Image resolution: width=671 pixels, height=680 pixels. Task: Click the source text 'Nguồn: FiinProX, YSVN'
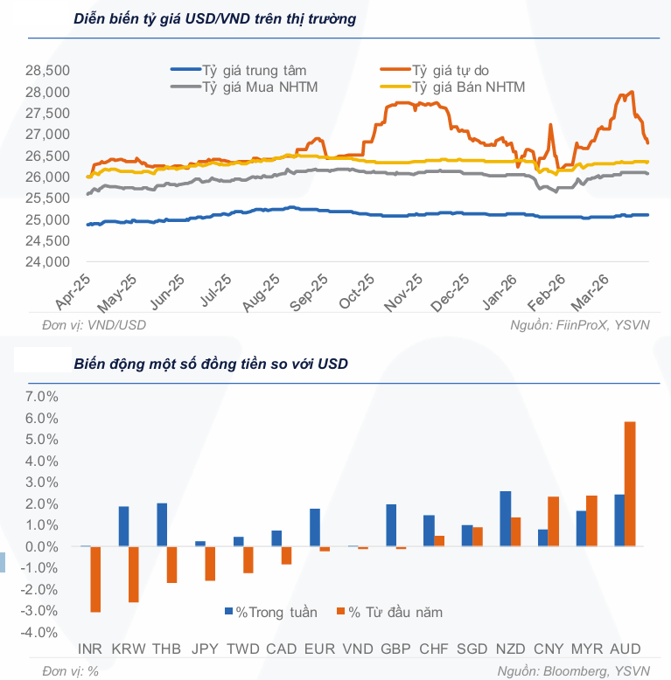click(580, 325)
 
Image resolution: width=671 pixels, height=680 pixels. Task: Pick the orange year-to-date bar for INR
click(95, 579)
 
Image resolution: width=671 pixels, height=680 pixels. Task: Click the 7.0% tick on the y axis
click(41, 397)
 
